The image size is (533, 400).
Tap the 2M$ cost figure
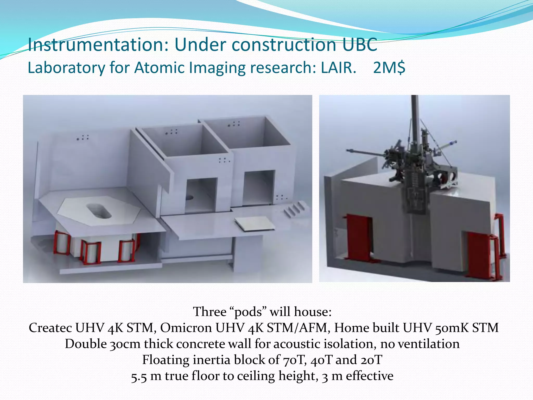pos(389,68)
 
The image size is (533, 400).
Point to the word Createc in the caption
pos(50,328)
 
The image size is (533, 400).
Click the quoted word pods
pos(249,312)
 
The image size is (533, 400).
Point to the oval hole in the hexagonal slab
pos(99,211)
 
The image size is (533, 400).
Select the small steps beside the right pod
pos(294,209)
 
